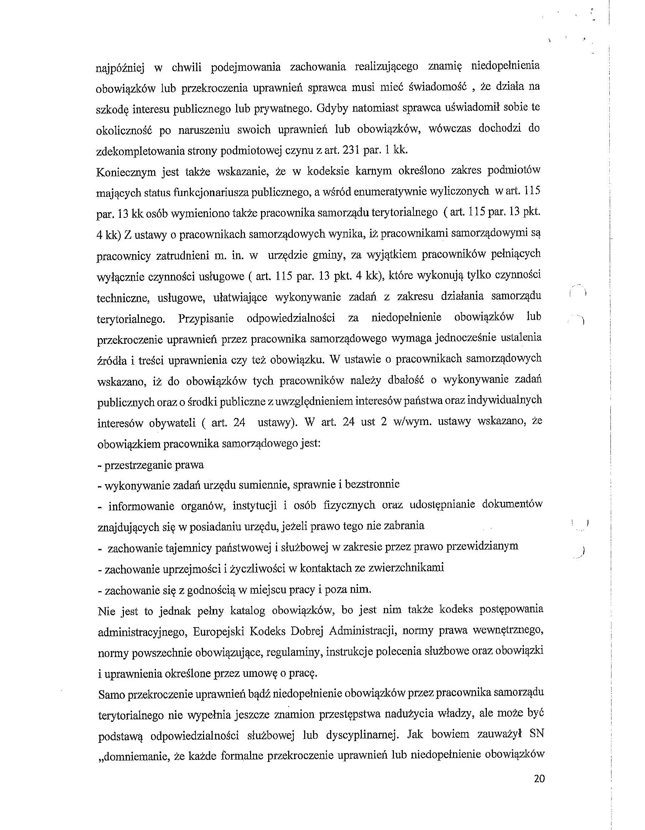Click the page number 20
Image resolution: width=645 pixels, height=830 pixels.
coord(539,779)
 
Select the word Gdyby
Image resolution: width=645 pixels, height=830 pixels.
coord(331,108)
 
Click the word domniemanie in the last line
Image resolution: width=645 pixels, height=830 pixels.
coord(136,755)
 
